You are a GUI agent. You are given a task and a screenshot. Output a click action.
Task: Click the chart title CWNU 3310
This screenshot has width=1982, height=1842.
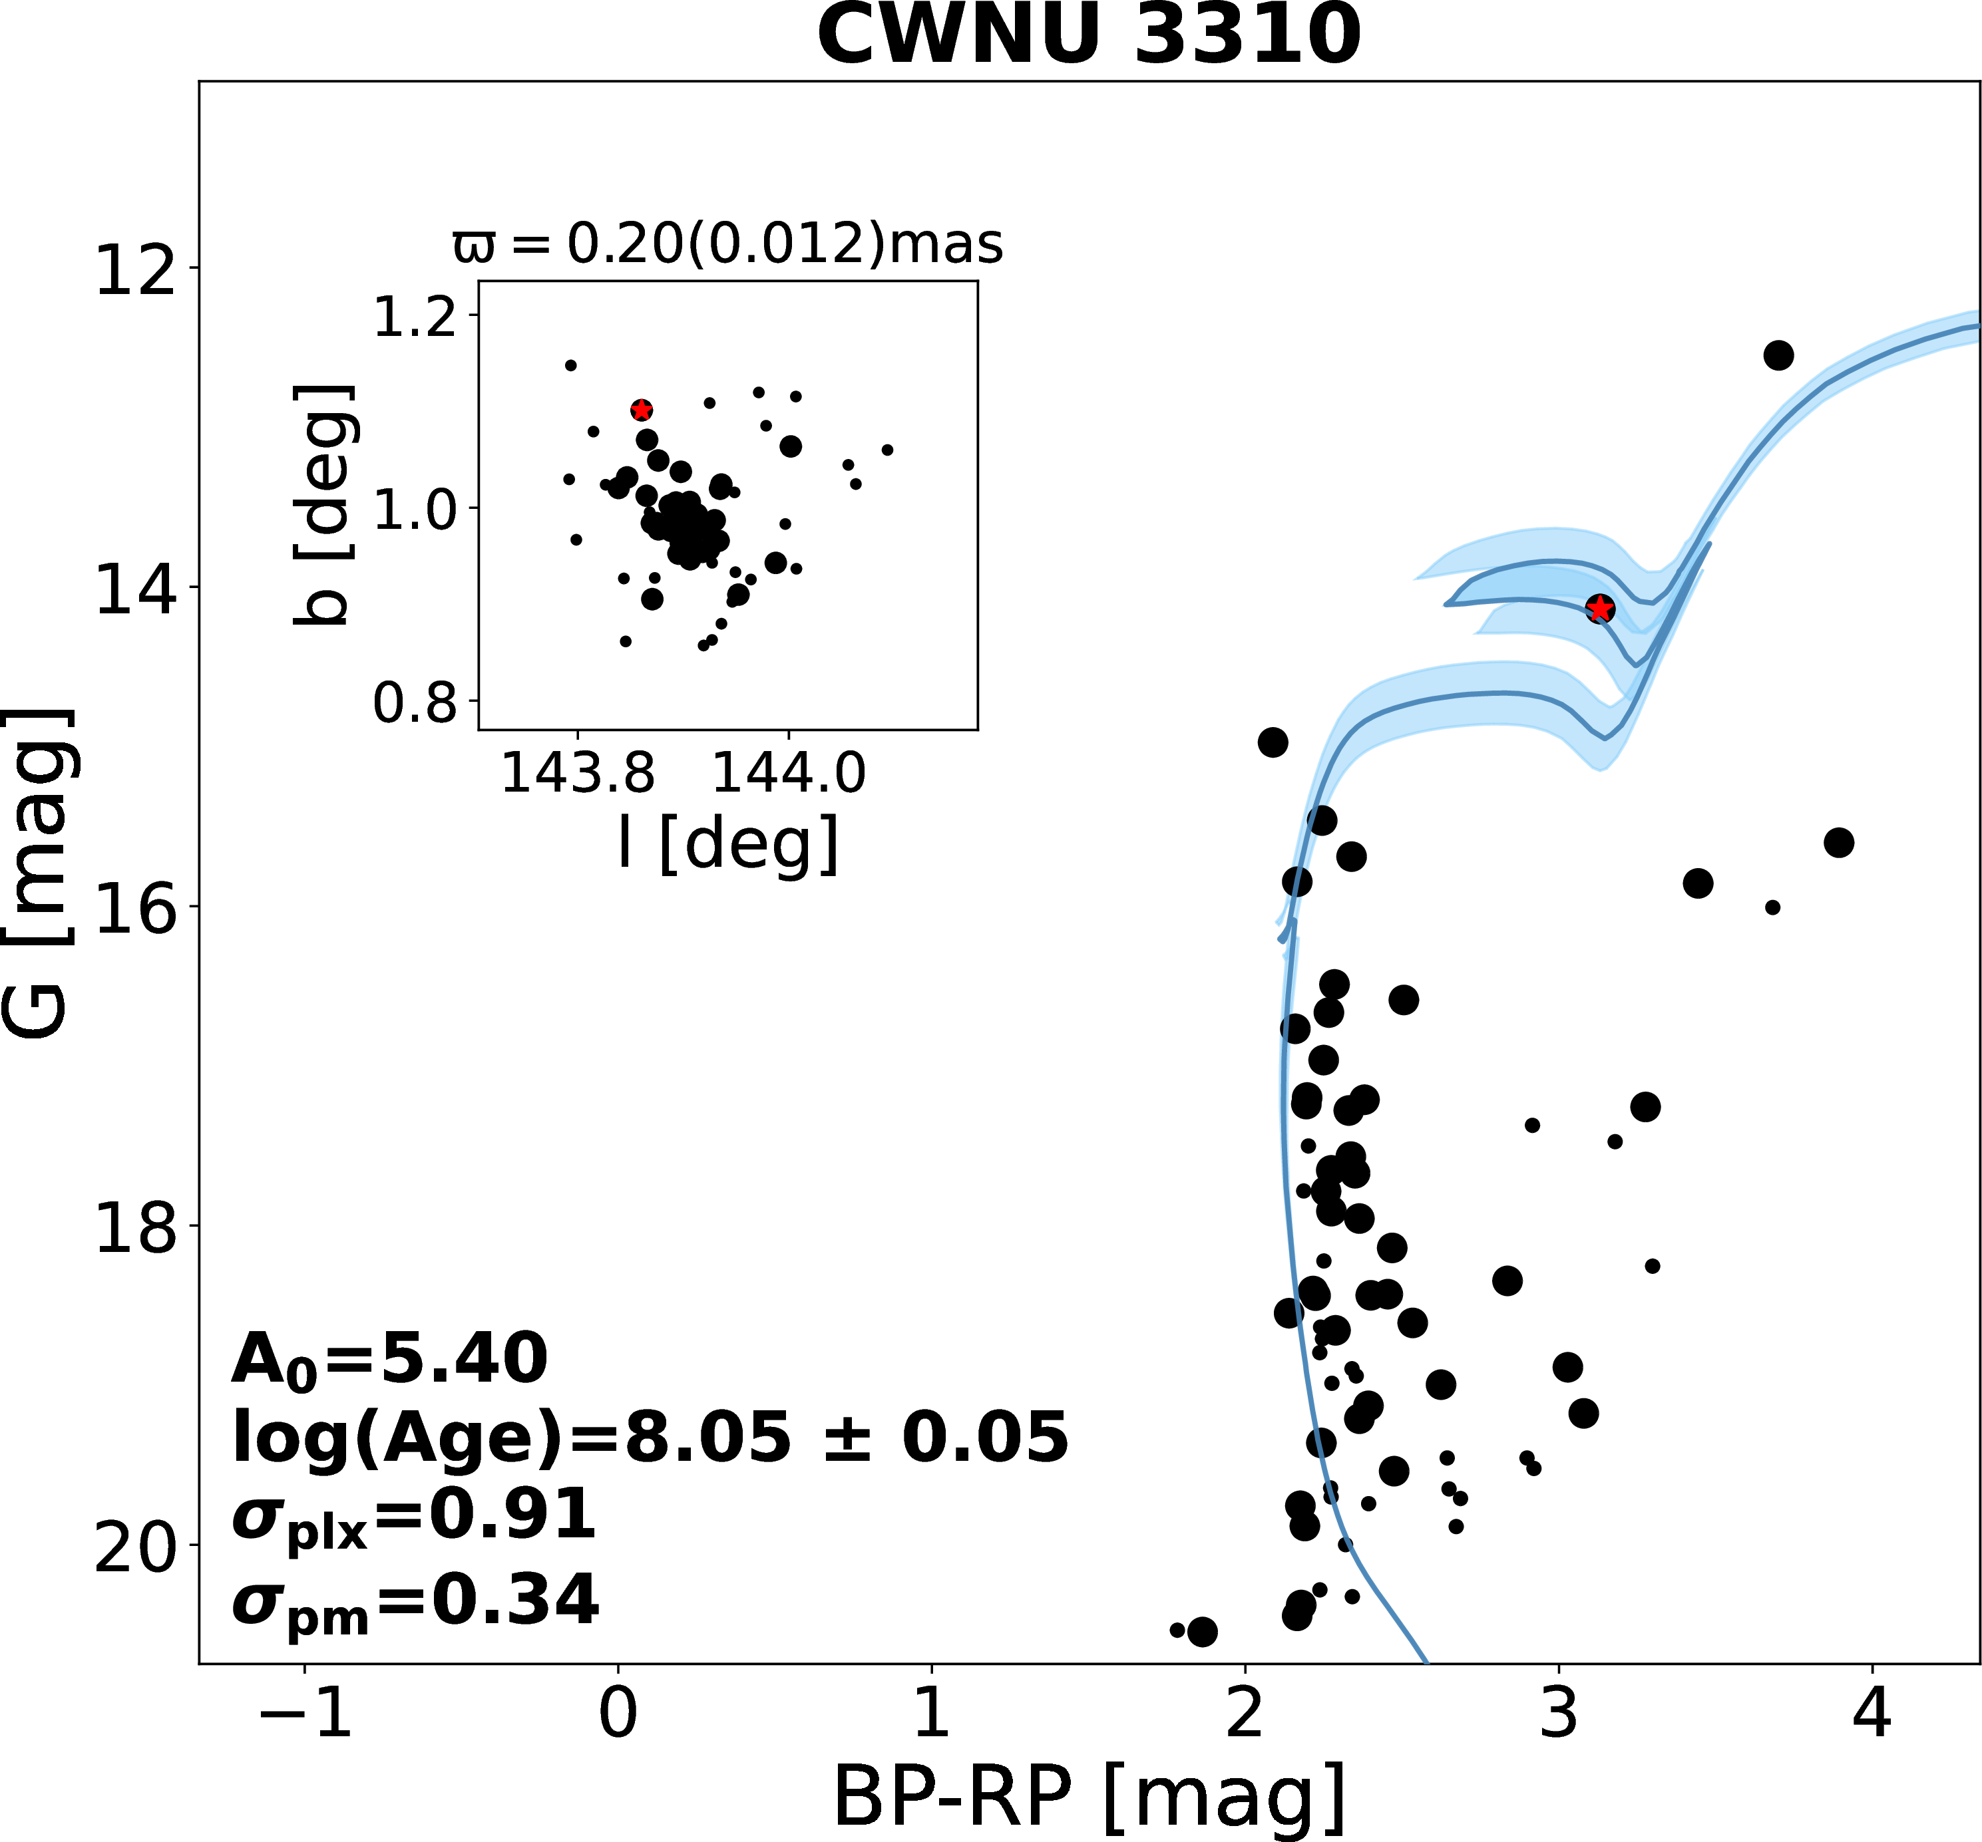[x=1089, y=36]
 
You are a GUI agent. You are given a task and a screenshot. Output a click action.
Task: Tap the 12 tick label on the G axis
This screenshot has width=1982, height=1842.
[x=132, y=269]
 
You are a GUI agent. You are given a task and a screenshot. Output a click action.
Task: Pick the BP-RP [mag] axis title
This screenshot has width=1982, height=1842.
[x=1089, y=1797]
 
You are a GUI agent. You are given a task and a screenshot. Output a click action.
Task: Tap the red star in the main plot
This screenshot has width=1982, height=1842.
[x=1599, y=608]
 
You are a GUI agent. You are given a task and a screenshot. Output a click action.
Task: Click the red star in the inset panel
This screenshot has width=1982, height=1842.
[x=641, y=410]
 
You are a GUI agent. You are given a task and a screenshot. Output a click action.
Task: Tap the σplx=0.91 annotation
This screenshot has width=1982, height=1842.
[x=414, y=1518]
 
